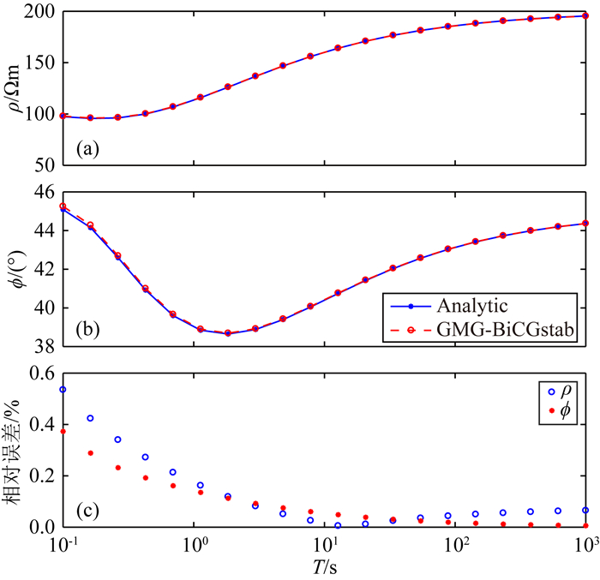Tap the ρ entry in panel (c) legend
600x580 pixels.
pyautogui.click(x=567, y=392)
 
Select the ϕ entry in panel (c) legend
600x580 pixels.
pyautogui.click(x=567, y=415)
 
